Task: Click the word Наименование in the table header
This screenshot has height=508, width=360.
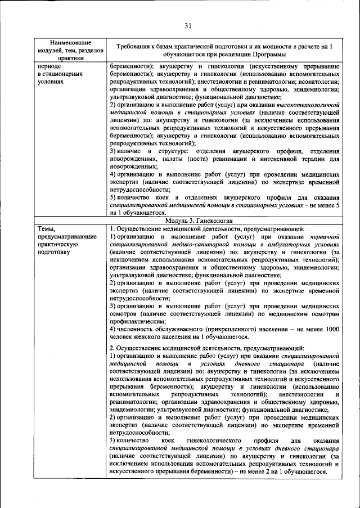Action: point(70,42)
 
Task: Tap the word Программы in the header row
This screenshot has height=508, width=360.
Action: point(256,54)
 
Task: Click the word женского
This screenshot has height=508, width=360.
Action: point(154,337)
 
